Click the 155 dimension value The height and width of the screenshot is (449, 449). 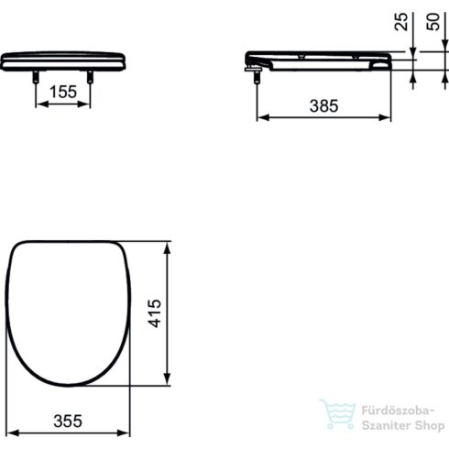pyautogui.click(x=62, y=93)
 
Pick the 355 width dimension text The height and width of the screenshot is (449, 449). pyautogui.click(x=66, y=421)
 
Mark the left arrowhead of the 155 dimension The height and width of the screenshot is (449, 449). pyautogui.click(x=39, y=104)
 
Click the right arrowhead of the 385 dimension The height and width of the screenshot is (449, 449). pyautogui.click(x=393, y=117)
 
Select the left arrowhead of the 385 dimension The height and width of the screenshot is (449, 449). pyautogui.click(x=258, y=117)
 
